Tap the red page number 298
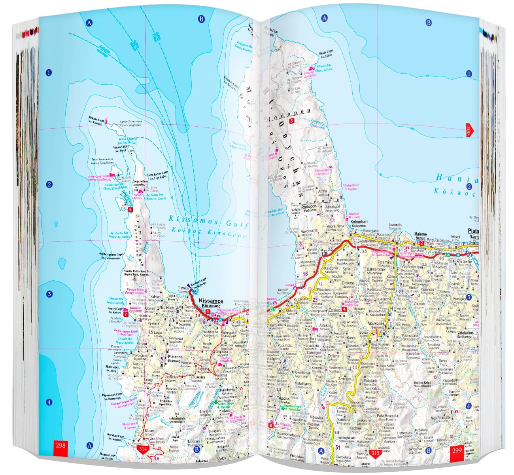pos(60,446)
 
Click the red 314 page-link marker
pos(143,449)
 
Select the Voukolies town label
pos(376,323)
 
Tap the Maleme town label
pos(420,234)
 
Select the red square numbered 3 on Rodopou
pos(291,121)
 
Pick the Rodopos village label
pos(310,207)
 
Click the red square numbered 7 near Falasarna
pos(126,315)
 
